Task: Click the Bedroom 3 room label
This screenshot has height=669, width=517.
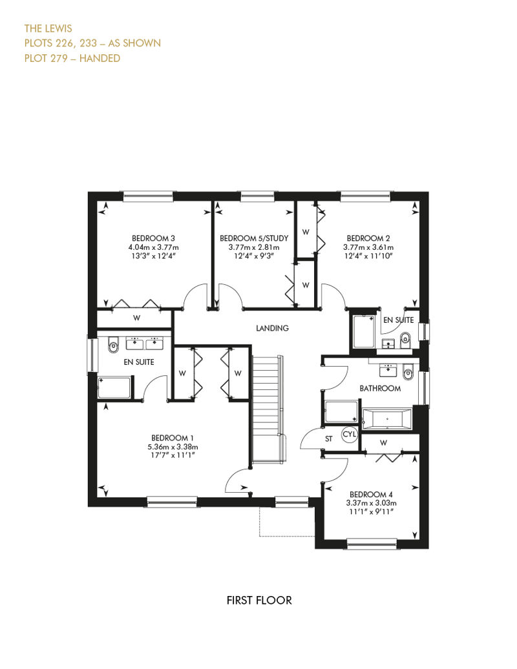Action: click(x=153, y=238)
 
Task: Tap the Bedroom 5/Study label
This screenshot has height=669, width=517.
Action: click(x=254, y=238)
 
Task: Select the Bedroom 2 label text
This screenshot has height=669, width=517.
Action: click(x=368, y=238)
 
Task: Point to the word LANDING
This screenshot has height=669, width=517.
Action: click(x=272, y=328)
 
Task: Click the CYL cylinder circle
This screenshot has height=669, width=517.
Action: click(x=350, y=435)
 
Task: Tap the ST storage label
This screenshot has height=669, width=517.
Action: click(x=329, y=438)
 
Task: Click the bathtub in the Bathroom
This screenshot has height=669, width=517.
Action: click(x=387, y=419)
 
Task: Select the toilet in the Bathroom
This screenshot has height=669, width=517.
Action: click(x=408, y=373)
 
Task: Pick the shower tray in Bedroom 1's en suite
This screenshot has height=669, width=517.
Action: click(x=114, y=387)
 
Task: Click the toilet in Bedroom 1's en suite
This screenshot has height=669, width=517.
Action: click(x=112, y=345)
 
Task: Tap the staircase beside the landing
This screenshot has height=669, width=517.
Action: click(x=268, y=409)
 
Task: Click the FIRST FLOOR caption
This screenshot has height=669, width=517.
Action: click(x=259, y=601)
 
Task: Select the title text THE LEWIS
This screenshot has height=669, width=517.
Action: click(x=48, y=28)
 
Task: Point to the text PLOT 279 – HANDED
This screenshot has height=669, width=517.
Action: click(x=72, y=58)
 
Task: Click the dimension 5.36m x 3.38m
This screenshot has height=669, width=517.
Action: click(x=173, y=447)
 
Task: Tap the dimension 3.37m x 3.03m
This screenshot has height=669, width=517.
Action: click(x=371, y=503)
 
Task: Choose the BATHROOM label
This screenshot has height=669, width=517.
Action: click(x=380, y=388)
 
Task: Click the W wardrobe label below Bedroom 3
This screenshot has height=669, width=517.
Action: click(x=136, y=318)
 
